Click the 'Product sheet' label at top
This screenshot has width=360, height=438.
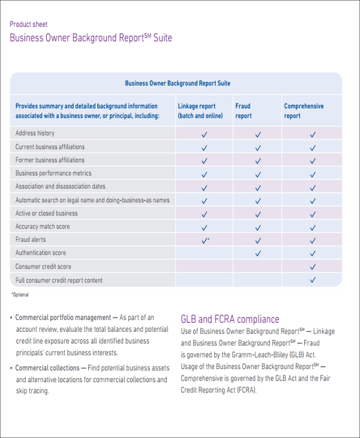click(x=29, y=24)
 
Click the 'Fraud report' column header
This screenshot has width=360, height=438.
click(x=243, y=111)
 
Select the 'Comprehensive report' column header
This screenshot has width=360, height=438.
click(x=304, y=111)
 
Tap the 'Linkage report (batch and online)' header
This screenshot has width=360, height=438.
click(x=200, y=111)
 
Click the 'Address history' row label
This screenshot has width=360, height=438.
click(x=35, y=133)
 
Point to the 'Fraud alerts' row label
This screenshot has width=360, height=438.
click(x=31, y=239)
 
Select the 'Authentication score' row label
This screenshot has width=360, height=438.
click(x=41, y=253)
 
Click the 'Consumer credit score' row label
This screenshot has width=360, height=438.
click(x=43, y=266)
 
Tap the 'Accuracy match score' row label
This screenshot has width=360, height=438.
click(x=43, y=226)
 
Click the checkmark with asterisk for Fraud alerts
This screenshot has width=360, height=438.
click(x=205, y=240)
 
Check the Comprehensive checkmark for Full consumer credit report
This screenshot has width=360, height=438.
click(x=312, y=280)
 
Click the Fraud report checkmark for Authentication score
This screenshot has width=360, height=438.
click(x=258, y=253)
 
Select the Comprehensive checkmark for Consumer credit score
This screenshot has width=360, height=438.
click(x=312, y=267)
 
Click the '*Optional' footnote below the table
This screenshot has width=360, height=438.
click(x=20, y=295)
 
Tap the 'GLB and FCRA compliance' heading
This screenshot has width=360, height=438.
click(x=230, y=319)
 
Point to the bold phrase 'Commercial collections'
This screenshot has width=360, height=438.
click(x=47, y=368)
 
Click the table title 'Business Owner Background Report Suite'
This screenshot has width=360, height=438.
click(x=177, y=83)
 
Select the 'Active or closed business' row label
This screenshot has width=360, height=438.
click(x=47, y=213)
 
